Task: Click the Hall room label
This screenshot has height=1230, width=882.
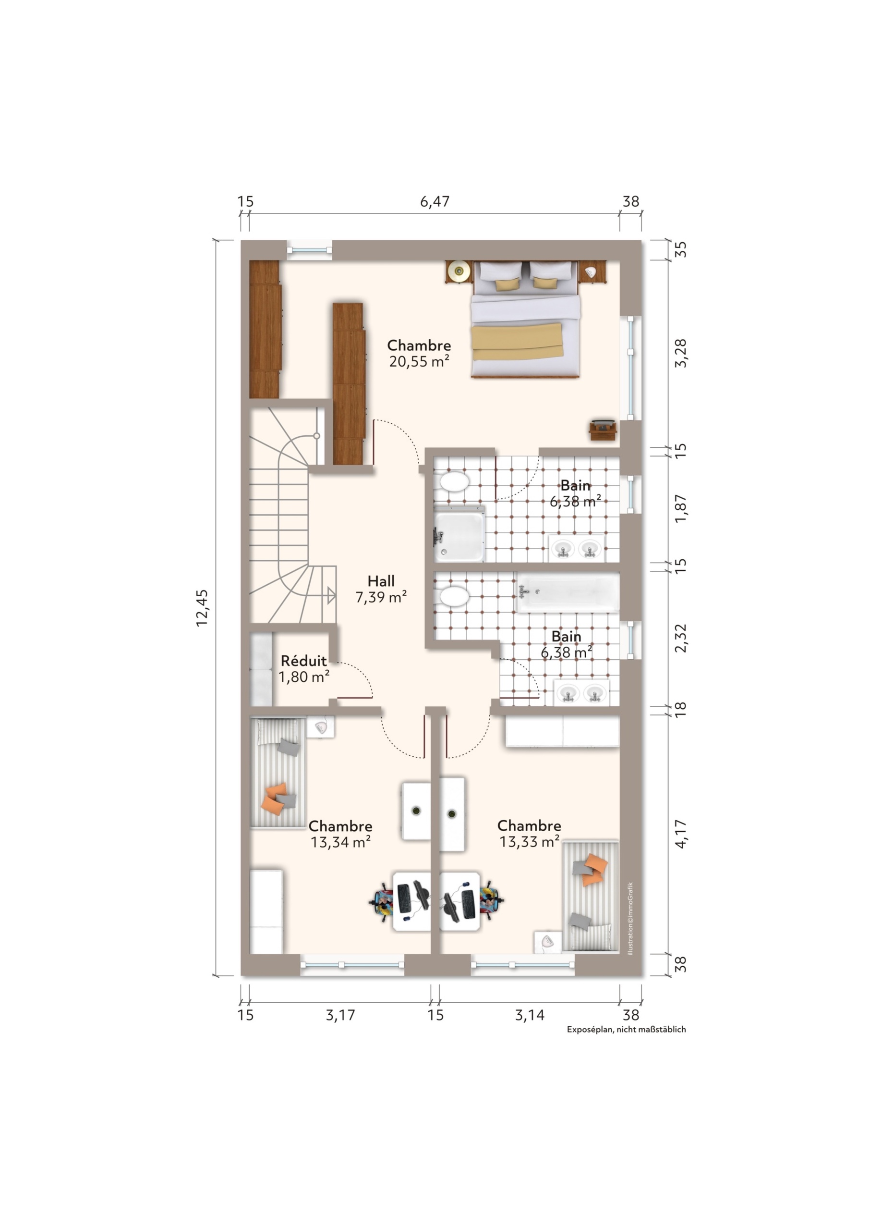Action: point(381,581)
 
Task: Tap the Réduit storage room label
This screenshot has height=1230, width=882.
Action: point(303,661)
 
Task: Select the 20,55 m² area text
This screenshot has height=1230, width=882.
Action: point(419,361)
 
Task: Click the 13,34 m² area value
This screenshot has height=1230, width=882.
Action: point(340,842)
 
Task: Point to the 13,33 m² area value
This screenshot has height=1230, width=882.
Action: point(529,841)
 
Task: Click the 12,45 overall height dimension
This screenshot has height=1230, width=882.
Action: point(202,608)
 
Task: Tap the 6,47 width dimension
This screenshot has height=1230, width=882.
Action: point(435,202)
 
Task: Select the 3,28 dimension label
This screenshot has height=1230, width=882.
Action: point(681,353)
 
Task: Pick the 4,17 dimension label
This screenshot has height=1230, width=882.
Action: point(681,833)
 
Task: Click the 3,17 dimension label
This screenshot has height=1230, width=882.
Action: point(340,1015)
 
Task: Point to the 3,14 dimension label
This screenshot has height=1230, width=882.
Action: point(529,1015)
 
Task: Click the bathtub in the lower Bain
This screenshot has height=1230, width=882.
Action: point(568,592)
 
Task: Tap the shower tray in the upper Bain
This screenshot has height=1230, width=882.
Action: point(459,534)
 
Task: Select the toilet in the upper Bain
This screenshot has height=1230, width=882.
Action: point(452,481)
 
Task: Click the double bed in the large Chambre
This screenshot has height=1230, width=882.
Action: point(524,319)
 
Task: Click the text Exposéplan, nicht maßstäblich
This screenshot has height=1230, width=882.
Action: point(626,1029)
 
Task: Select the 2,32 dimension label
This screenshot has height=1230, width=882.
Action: point(681,639)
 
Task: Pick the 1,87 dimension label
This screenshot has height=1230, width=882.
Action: point(681,508)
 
